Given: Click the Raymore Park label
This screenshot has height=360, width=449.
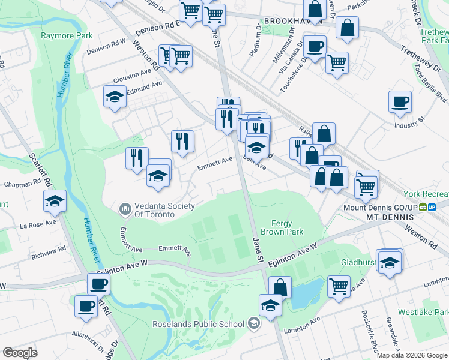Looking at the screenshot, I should click(67, 35).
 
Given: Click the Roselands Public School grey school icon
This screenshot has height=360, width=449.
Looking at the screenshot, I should click(254, 324).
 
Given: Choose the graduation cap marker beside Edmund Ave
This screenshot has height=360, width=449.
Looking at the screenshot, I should click(115, 97).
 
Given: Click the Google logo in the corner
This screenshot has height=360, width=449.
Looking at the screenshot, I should click(20, 353).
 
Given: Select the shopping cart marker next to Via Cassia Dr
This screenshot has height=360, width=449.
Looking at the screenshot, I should click(337, 62).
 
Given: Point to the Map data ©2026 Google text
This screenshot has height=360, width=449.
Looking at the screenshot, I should click(412, 355).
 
